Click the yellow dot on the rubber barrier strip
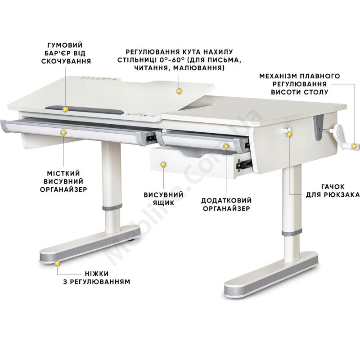click(66, 109)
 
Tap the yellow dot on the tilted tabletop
click(179, 91)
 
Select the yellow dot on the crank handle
click(355, 146)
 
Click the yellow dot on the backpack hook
click(290, 134)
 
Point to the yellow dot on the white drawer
click(163, 164)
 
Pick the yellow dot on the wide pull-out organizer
click(63, 132)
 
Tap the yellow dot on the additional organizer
click(226, 146)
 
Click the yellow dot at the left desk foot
click(57, 264)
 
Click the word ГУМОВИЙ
click(65, 45)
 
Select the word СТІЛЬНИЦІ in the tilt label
click(136, 60)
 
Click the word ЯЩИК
click(163, 203)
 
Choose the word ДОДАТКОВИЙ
click(226, 200)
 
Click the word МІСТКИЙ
click(63, 173)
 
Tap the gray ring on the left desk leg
click(112, 207)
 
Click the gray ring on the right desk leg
click(292, 233)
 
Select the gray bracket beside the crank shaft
click(319, 128)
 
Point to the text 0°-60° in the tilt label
click(171, 60)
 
